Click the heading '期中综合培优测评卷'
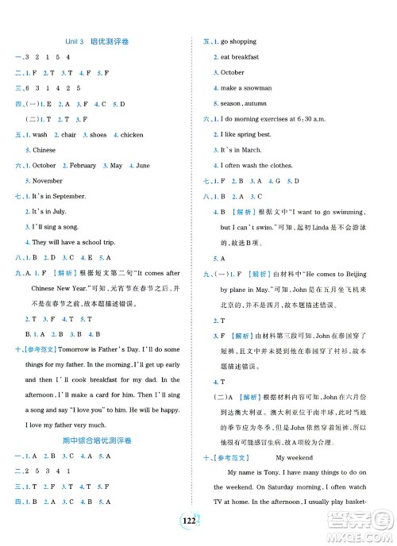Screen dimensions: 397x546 [98, 440]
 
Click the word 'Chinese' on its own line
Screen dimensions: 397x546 [44, 150]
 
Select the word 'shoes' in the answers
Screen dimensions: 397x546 [98, 135]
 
